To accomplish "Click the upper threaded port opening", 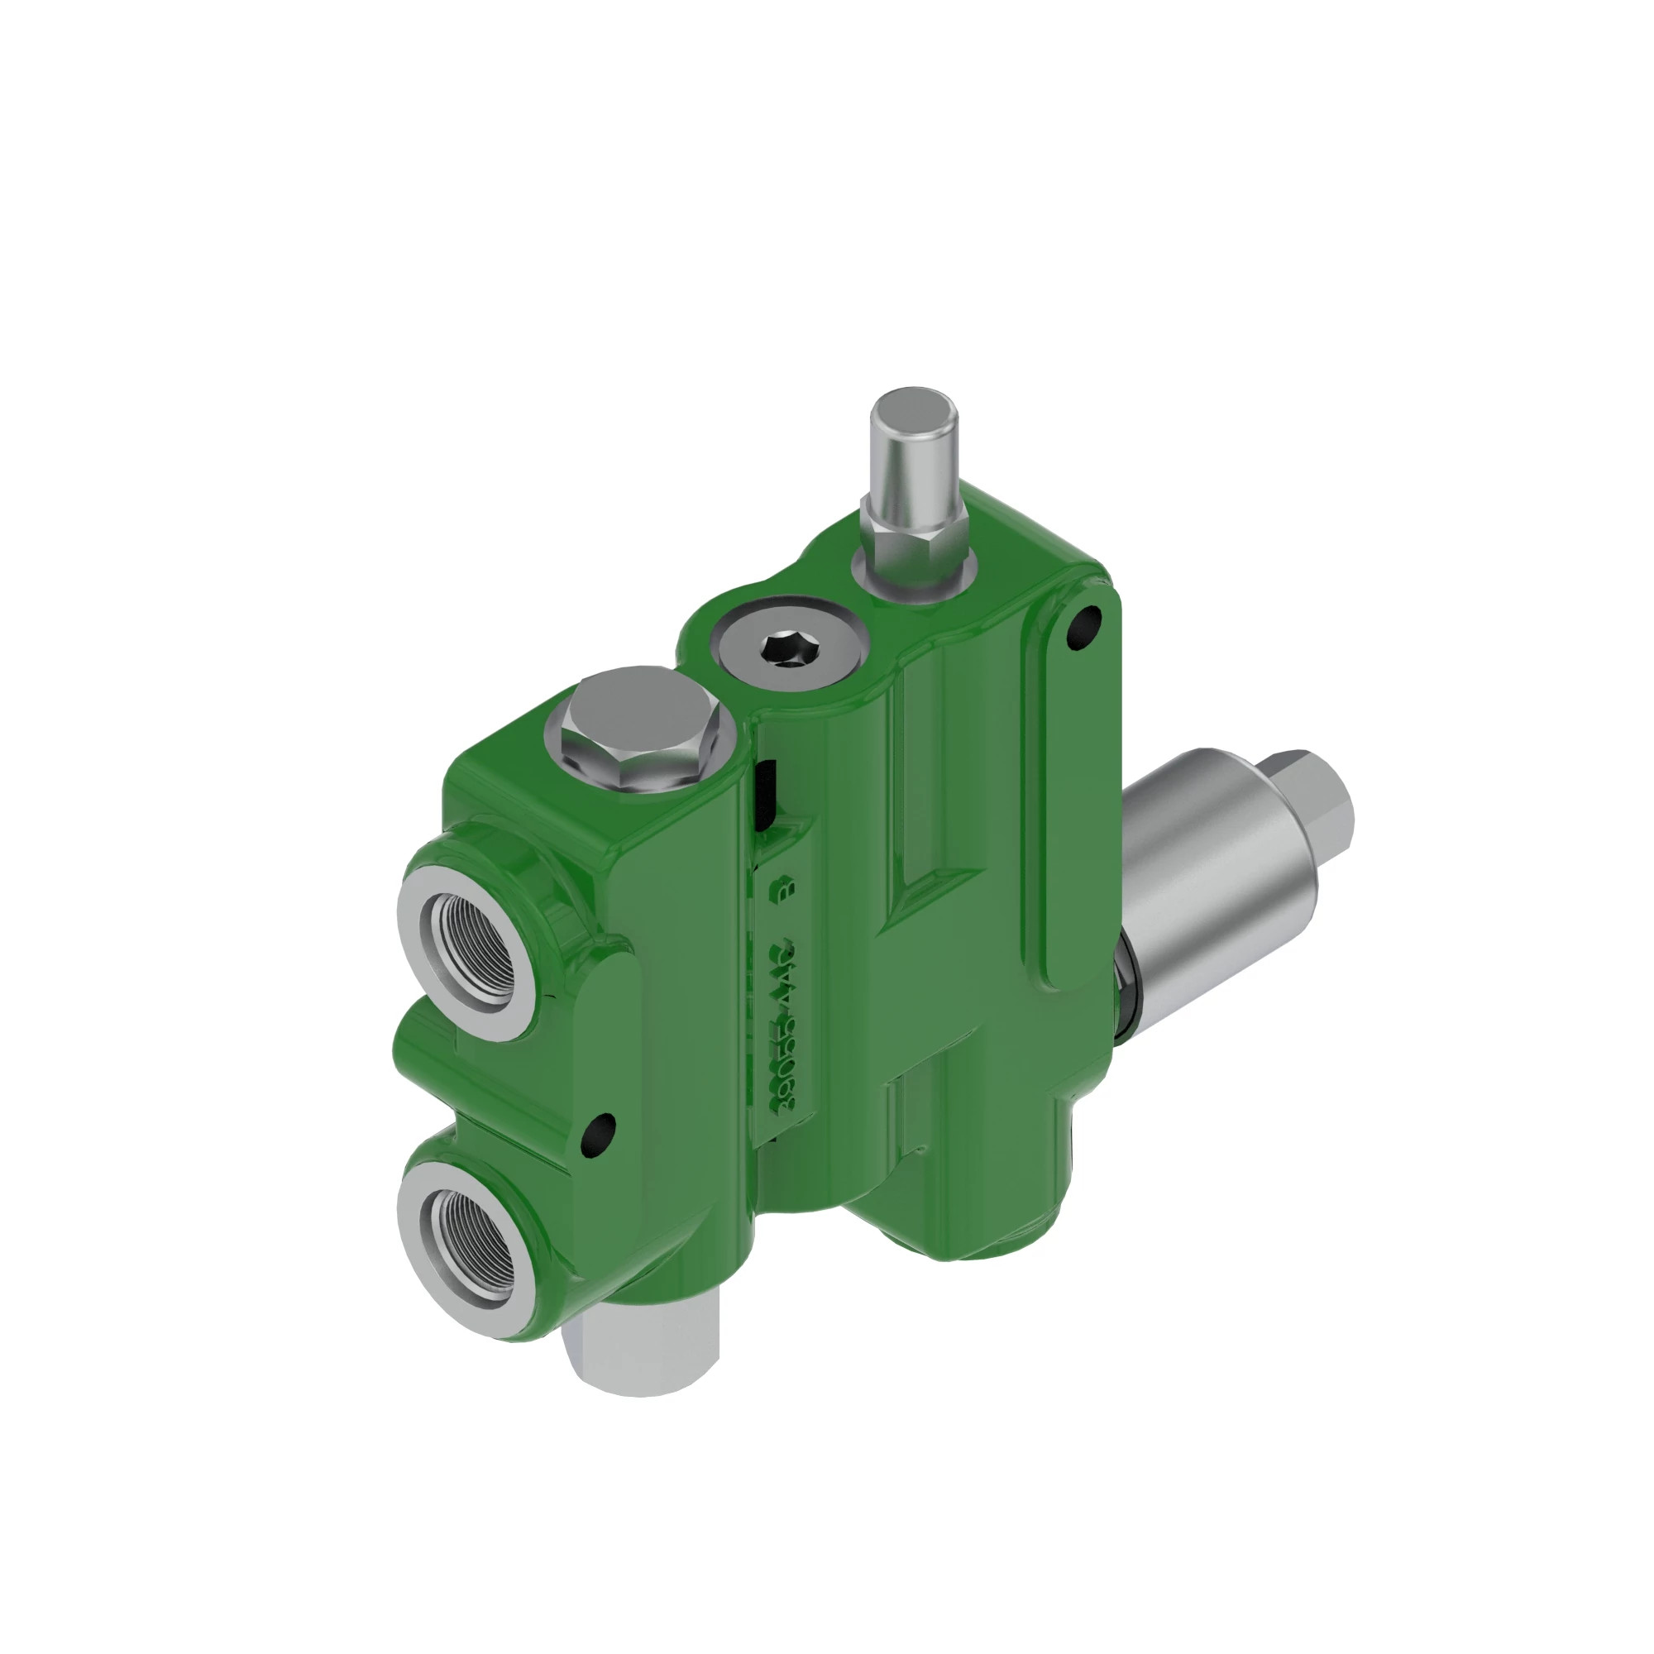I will click(x=473, y=942).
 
